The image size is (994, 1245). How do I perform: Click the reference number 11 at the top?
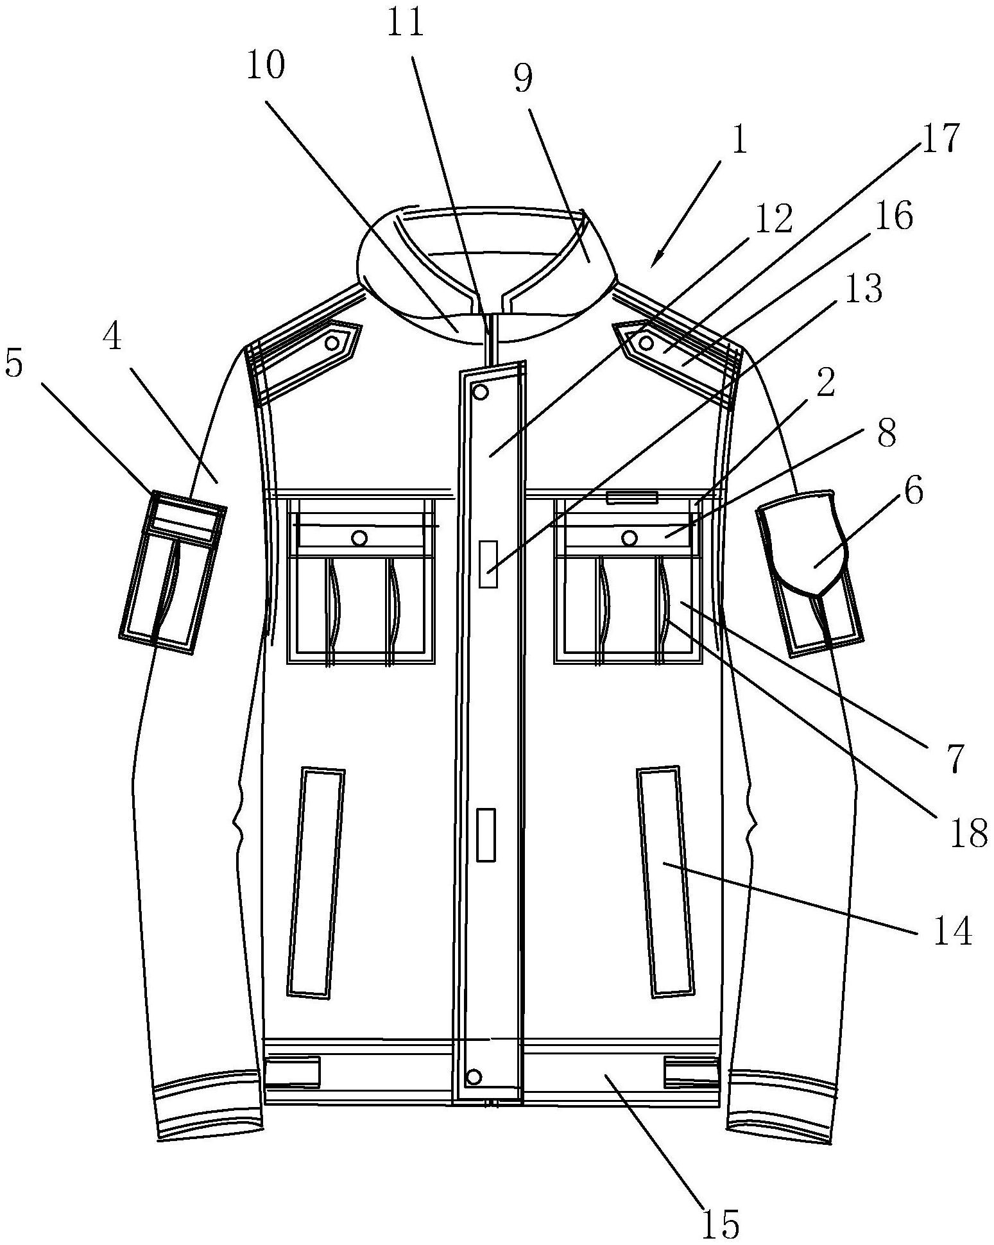click(x=406, y=23)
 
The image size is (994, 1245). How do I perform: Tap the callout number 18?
click(x=968, y=834)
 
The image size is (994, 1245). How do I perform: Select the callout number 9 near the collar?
click(x=523, y=80)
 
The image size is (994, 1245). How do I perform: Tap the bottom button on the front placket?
click(x=474, y=1075)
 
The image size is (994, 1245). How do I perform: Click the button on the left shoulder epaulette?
click(x=332, y=343)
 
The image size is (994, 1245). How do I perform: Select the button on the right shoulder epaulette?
click(x=646, y=343)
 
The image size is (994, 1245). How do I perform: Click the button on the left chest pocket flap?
click(x=360, y=537)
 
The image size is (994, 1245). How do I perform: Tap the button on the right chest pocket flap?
click(x=630, y=537)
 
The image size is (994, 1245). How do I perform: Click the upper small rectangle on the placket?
click(x=488, y=563)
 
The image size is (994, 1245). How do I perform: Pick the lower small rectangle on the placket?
click(x=486, y=834)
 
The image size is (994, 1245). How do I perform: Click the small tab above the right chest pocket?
click(x=632, y=497)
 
